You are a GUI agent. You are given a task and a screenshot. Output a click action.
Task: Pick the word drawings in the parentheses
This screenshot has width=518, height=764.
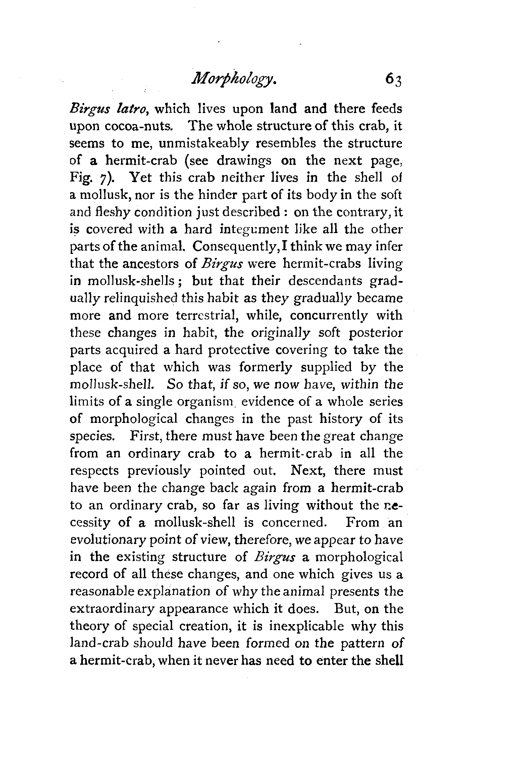244,161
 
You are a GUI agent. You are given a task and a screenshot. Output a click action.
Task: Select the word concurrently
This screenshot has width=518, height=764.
329,316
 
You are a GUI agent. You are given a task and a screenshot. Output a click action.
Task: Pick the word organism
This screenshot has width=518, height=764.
200,402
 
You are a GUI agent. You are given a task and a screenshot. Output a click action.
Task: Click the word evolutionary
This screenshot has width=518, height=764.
111,540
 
